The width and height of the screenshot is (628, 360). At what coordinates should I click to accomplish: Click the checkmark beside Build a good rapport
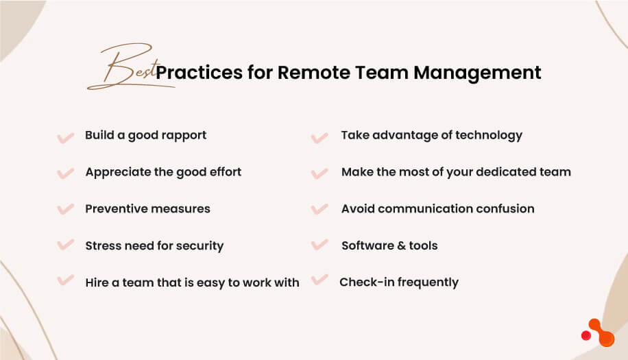[65, 137]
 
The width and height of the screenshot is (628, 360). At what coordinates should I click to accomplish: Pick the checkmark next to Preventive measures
[65, 209]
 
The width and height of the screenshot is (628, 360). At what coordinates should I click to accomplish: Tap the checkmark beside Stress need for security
[65, 245]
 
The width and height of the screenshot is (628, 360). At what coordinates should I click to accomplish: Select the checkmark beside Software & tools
[319, 245]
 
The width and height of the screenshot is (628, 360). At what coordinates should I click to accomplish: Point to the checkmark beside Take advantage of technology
[319, 137]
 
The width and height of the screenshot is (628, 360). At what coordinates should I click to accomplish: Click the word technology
[488, 135]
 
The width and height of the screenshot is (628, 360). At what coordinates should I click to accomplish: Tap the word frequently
[425, 283]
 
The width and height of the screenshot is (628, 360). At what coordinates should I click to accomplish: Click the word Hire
[97, 283]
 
